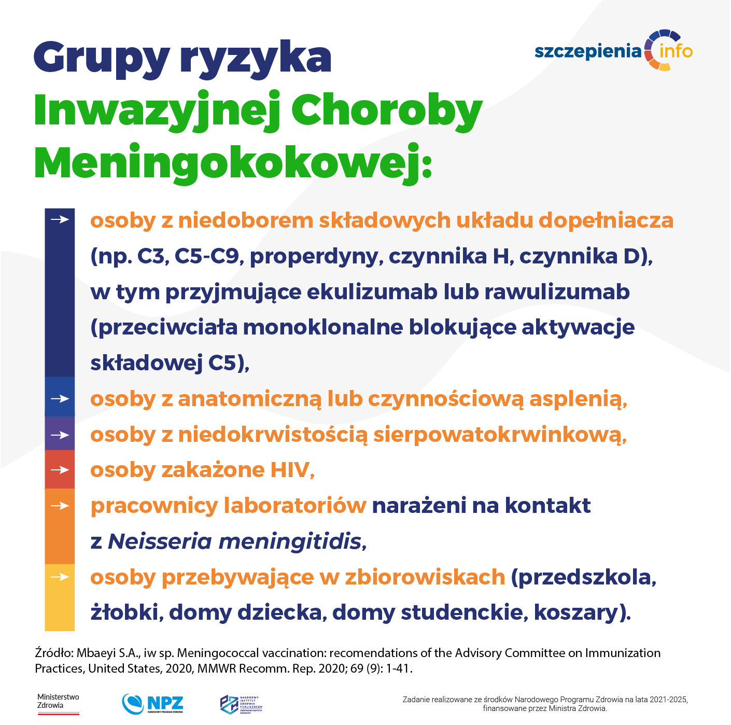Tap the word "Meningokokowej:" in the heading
(233, 163)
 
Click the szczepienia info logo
(614, 51)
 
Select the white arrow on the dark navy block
(60, 220)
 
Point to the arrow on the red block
(60, 470)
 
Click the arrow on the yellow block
(60, 577)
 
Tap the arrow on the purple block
(60, 435)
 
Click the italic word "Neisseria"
(160, 541)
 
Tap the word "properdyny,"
(317, 256)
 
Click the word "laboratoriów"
(295, 506)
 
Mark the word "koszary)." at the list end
(582, 612)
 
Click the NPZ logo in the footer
(153, 704)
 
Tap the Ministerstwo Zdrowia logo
(58, 704)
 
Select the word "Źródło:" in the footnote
(54, 653)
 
